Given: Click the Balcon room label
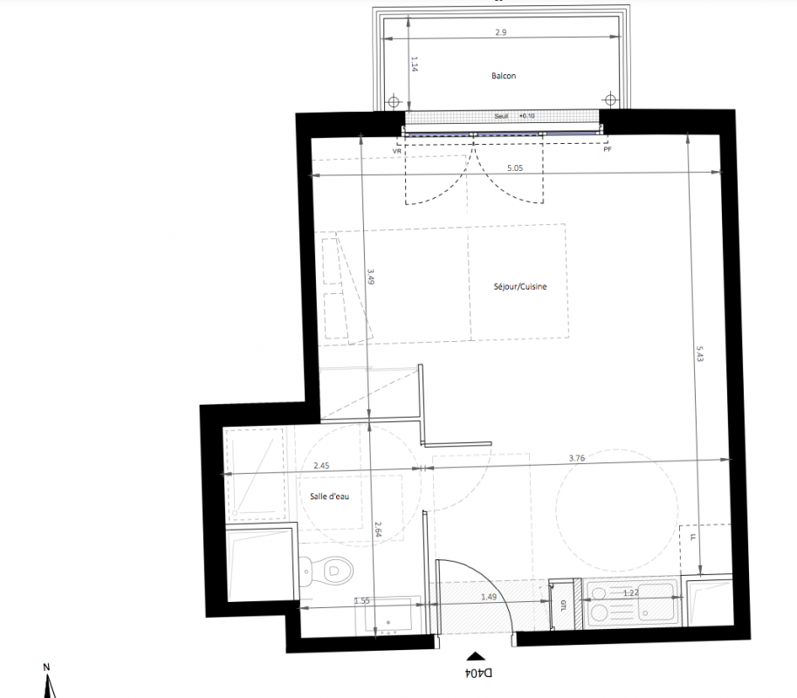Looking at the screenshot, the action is click(503, 76).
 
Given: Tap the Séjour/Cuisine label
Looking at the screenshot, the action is click(520, 286).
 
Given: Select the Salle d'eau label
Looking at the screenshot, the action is click(329, 496).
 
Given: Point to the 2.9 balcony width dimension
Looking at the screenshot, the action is click(501, 32).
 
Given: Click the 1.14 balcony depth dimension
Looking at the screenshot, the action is click(415, 64).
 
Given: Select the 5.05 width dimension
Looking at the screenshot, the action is click(515, 168).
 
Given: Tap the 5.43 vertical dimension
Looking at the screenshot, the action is click(700, 353).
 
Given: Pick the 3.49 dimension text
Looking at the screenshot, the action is click(370, 276).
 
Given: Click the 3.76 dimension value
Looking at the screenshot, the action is click(577, 458).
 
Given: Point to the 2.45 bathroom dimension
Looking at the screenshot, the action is click(321, 465).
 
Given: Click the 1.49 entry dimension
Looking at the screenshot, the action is click(489, 597).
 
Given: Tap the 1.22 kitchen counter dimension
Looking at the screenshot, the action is click(631, 592).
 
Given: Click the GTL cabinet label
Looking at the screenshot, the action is click(563, 605).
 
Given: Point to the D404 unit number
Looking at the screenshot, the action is click(478, 673).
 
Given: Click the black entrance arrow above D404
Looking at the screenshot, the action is click(475, 656).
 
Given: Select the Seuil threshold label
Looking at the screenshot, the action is click(501, 116).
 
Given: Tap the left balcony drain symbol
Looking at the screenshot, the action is click(394, 101).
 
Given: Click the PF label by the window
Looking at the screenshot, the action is click(608, 149).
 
